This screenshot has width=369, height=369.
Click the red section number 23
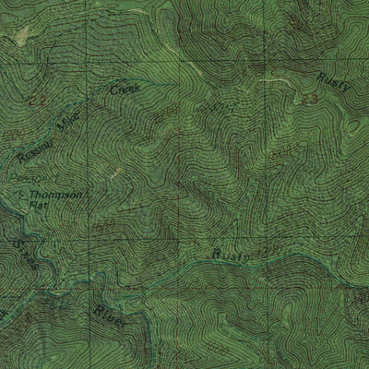pos(310,98)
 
